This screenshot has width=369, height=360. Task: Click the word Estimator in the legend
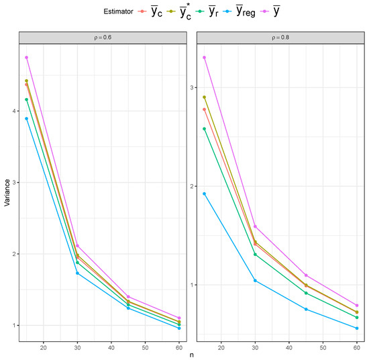113,11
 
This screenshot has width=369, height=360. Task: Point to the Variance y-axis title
6,193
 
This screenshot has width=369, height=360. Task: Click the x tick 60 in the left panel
180,347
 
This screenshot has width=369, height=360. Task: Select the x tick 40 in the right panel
289,347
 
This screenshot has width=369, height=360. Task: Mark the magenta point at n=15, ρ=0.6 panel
26,58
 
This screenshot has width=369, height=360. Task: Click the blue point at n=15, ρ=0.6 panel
26,119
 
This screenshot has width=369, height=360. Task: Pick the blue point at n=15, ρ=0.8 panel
204,194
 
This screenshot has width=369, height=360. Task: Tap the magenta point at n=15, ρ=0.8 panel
204,58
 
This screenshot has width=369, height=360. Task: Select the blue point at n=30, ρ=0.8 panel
255,280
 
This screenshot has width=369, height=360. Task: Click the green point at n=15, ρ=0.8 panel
204,129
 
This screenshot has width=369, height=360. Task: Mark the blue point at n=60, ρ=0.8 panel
357,328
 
